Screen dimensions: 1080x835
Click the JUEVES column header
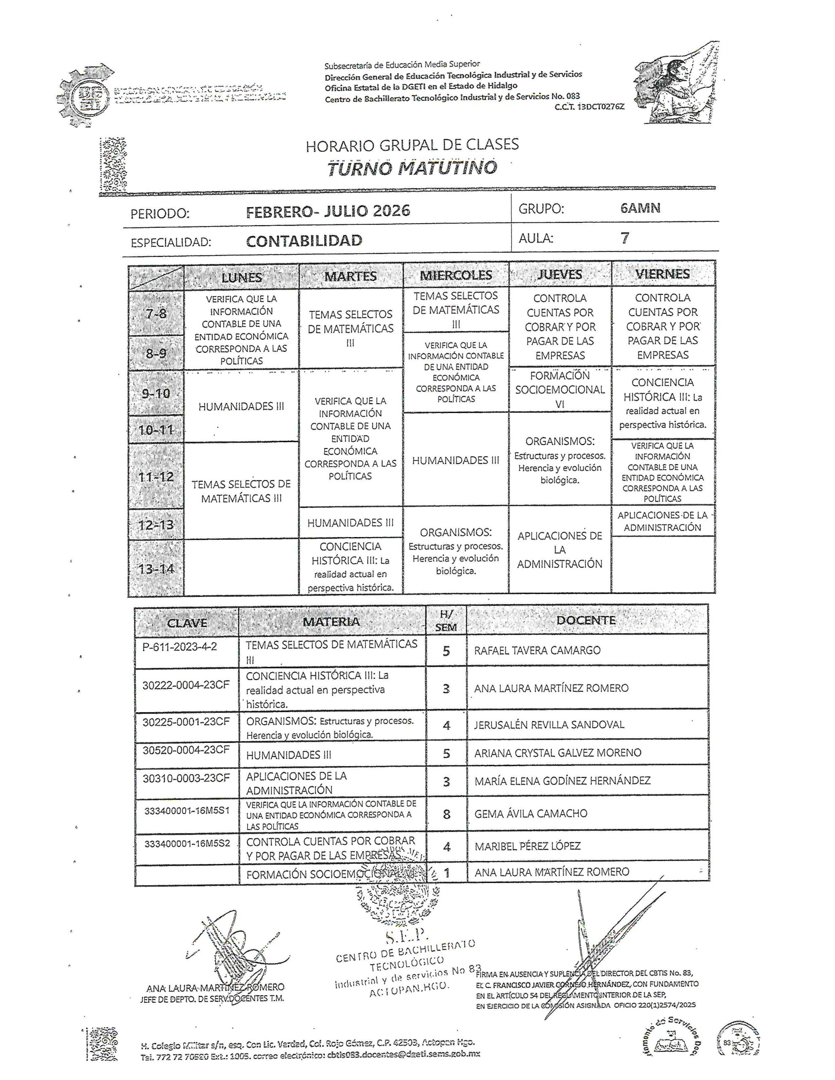(559, 275)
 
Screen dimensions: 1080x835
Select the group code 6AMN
(640, 208)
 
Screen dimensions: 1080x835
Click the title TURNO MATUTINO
(412, 168)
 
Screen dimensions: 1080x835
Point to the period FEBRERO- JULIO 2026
(328, 212)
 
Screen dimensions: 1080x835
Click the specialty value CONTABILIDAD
(304, 241)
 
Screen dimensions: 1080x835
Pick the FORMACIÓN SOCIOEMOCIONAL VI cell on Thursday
(560, 390)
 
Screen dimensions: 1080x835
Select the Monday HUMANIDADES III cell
(241, 407)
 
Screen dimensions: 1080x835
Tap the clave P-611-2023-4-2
(180, 646)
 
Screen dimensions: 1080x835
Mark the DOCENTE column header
(586, 621)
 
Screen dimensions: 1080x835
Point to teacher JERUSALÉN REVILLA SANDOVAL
(549, 725)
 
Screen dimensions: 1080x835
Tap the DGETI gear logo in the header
(89, 95)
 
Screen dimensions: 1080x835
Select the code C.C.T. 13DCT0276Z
(589, 106)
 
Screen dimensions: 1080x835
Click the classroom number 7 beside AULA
(625, 238)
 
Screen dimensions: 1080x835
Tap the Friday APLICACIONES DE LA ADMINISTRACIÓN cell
(662, 521)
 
